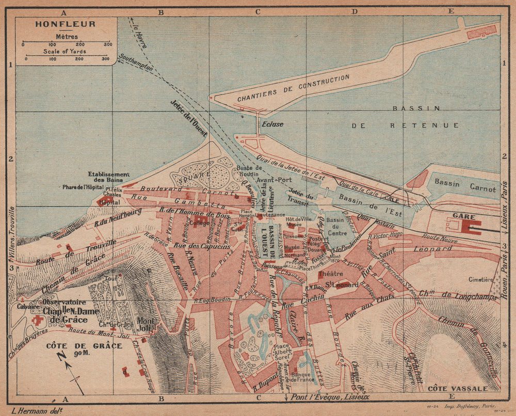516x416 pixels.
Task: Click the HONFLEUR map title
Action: click(65, 24)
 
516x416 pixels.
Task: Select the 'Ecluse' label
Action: click(272, 124)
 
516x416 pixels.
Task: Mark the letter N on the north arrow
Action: click(61, 356)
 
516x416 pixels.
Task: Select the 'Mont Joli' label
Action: click(146, 323)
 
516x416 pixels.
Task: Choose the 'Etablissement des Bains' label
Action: click(108, 178)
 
